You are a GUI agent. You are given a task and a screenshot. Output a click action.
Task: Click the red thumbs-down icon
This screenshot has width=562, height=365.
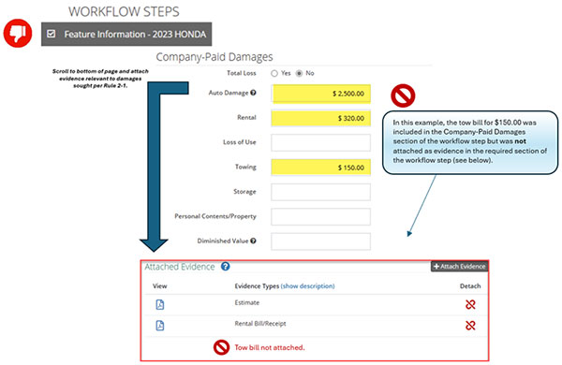pyautogui.click(x=17, y=34)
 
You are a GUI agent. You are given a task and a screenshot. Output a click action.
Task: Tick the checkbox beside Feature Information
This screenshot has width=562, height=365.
pyautogui.click(x=51, y=35)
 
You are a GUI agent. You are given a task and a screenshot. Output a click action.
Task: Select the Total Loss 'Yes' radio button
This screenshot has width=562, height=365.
pyautogui.click(x=274, y=72)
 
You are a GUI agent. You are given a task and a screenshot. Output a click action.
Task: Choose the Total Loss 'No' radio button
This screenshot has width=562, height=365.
pyautogui.click(x=300, y=72)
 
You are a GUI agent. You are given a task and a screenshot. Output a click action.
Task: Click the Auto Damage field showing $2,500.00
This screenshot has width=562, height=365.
pyautogui.click(x=320, y=94)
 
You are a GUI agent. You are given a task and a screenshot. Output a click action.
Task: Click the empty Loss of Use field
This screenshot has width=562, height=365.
pyautogui.click(x=320, y=143)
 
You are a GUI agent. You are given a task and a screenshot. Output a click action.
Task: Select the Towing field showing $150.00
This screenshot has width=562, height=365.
pyautogui.click(x=320, y=168)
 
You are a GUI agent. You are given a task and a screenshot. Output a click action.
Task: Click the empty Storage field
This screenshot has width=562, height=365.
pyautogui.click(x=320, y=192)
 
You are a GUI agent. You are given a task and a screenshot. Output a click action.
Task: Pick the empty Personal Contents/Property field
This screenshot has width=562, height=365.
pyautogui.click(x=320, y=216)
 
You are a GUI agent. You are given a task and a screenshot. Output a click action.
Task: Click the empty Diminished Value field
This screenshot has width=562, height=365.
pyautogui.click(x=320, y=241)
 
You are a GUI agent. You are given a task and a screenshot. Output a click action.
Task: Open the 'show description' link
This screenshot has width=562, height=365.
pyautogui.click(x=308, y=285)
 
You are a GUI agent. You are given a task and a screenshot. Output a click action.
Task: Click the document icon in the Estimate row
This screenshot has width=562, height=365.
pyautogui.click(x=160, y=304)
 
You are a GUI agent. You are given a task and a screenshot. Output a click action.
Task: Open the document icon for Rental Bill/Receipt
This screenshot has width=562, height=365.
pyautogui.click(x=160, y=325)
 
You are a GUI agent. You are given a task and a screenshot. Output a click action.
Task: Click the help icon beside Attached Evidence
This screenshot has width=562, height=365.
pyautogui.click(x=226, y=267)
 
